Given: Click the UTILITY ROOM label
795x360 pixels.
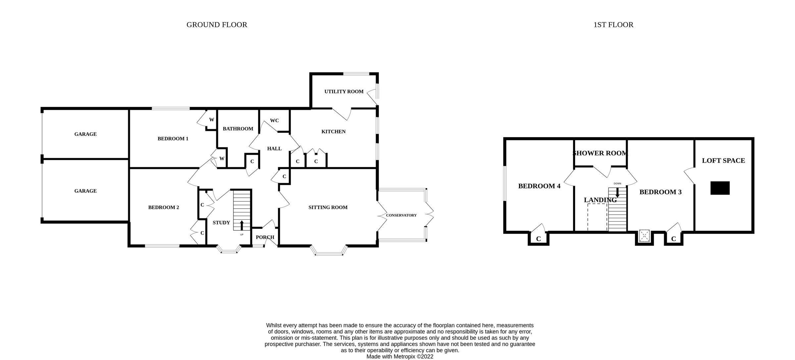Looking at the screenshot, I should click(x=344, y=91).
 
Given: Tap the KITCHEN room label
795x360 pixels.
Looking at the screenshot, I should click(x=333, y=131).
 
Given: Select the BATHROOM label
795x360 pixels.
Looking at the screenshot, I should click(x=238, y=129).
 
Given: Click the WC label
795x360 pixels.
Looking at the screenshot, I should click(x=274, y=121).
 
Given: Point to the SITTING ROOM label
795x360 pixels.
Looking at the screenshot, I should click(x=328, y=207).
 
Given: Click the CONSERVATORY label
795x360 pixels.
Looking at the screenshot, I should click(x=401, y=215).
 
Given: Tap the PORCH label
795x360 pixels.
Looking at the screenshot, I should click(x=265, y=237).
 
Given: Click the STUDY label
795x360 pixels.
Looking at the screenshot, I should click(x=221, y=223).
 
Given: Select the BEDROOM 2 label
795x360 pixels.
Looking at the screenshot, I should click(x=163, y=207).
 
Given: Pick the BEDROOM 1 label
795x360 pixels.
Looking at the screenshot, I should click(x=173, y=138).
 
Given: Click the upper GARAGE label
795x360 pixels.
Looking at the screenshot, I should click(x=85, y=134).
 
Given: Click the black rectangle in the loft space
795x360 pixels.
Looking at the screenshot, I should click(x=720, y=188).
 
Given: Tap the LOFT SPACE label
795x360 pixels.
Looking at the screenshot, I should click(x=723, y=161).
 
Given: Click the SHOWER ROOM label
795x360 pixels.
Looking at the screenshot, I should click(x=600, y=153).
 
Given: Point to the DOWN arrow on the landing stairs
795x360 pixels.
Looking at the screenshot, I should click(x=617, y=192).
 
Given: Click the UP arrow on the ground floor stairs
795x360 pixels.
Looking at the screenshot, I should click(x=241, y=225).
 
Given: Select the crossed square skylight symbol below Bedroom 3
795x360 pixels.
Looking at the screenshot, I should click(x=644, y=236).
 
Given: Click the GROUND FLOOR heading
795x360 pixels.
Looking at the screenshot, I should click(x=217, y=25).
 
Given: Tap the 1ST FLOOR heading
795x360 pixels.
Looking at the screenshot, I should click(x=613, y=25).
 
